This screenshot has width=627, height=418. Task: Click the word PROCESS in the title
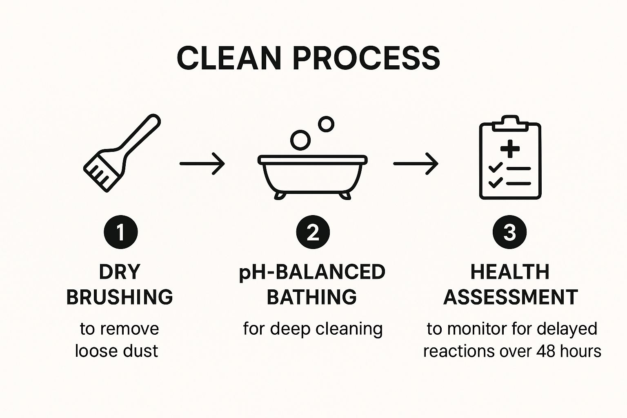coord(366,58)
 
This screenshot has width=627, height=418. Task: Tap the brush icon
coord(121,153)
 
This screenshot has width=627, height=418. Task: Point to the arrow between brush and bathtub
coord(202,163)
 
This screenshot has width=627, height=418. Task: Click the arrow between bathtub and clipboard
coord(416,163)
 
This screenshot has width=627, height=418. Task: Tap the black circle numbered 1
coord(121,232)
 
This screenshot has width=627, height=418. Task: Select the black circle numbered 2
coord(313,232)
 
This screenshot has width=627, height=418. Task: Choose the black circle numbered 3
coord(509,232)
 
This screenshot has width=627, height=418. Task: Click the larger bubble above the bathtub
coord(300,140)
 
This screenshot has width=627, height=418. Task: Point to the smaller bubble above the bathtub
coord(326,124)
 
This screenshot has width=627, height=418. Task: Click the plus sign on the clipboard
coord(510,149)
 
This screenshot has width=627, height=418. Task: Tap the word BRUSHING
coord(120,297)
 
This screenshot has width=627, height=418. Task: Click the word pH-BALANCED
coord(312,272)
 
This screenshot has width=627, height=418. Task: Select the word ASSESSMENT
coord(510,297)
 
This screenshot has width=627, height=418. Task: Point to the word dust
coord(139,351)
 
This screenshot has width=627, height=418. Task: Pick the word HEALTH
coord(510,272)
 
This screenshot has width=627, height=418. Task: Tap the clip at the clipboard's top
coord(510,122)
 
